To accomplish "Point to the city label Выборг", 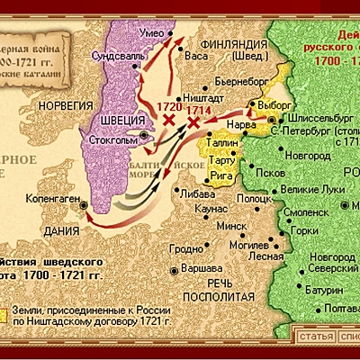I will (x=270, y=104).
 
